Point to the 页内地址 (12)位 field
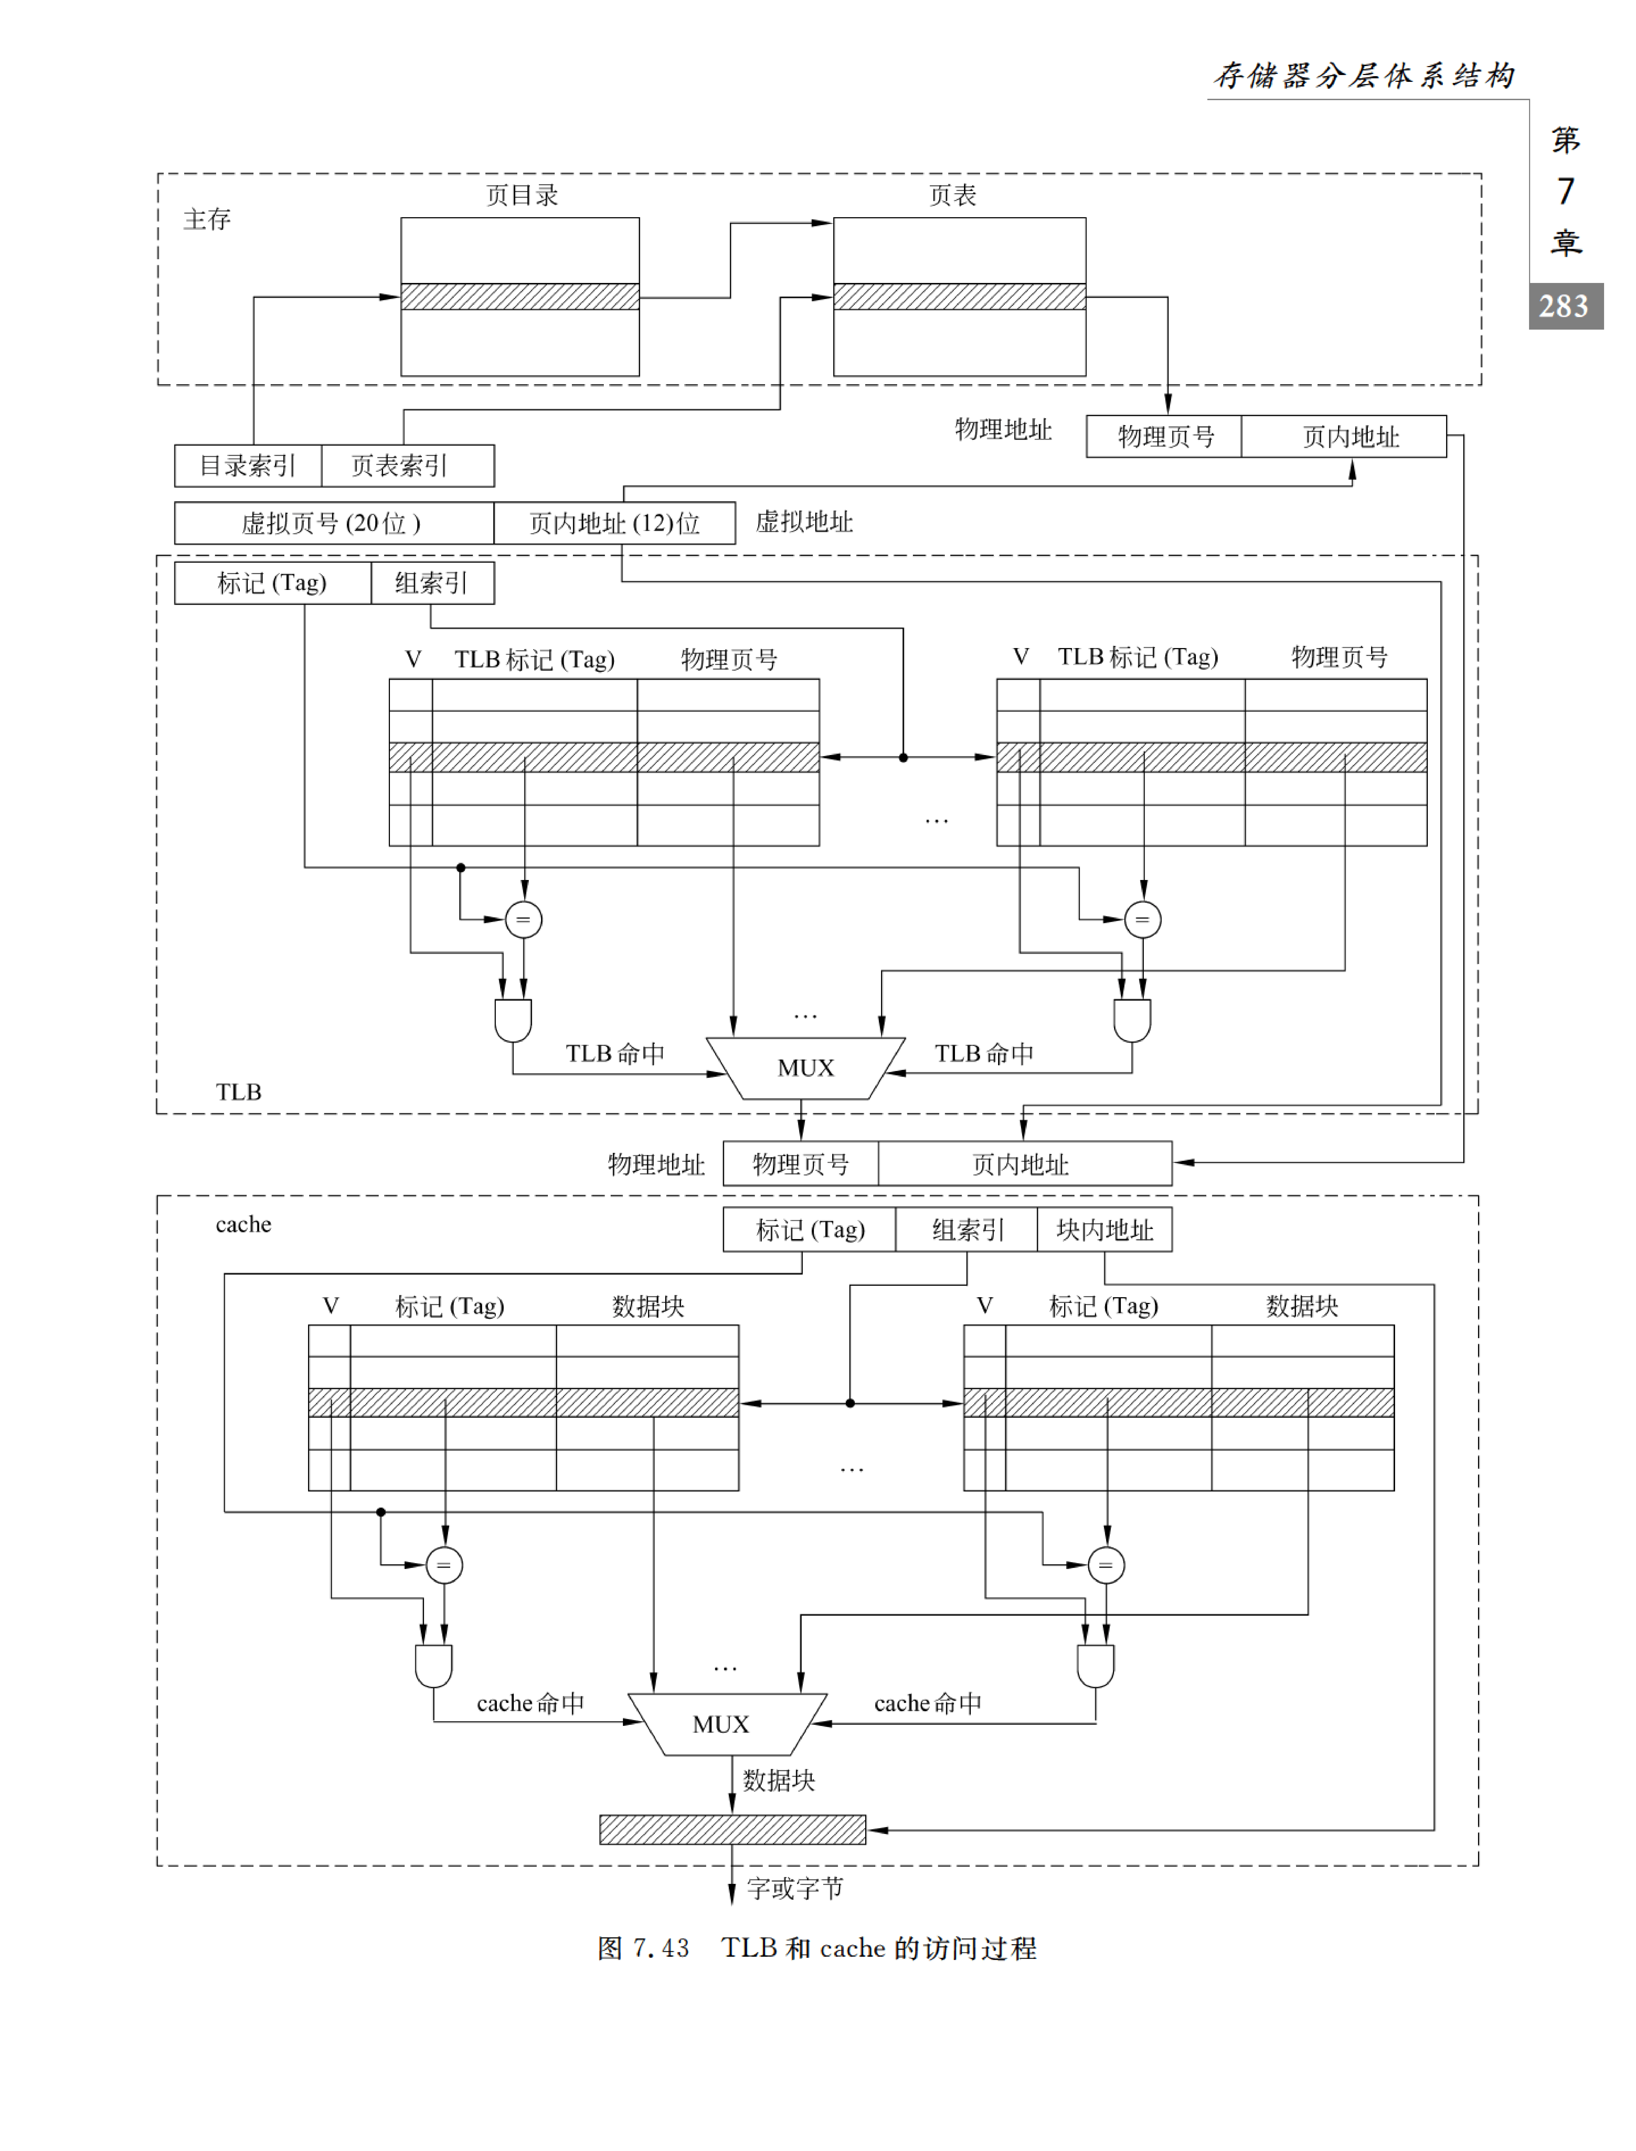coord(614,523)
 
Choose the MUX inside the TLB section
coord(805,1068)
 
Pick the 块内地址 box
coord(1104,1230)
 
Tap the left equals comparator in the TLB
coord(524,919)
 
